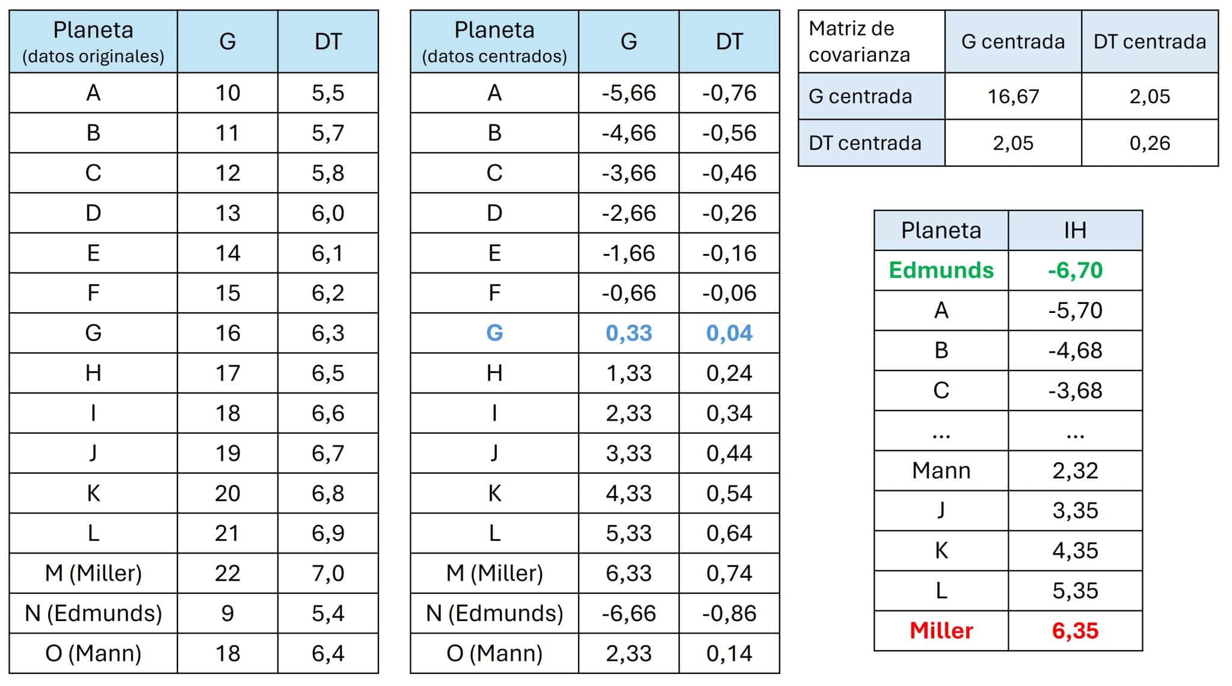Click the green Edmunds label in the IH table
(x=941, y=270)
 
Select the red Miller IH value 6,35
(x=1075, y=631)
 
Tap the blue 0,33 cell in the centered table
(x=629, y=333)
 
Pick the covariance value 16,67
(x=1013, y=96)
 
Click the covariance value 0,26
(x=1150, y=143)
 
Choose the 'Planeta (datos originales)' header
(x=93, y=42)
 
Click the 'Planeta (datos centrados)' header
(x=494, y=42)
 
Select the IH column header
(x=1075, y=230)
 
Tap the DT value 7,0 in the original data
(x=328, y=573)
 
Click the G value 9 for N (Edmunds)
(x=227, y=613)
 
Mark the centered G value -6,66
(x=629, y=613)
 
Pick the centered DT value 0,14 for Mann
(x=729, y=653)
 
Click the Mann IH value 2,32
(x=1075, y=471)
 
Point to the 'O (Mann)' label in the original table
(x=93, y=653)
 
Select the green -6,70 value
(x=1075, y=270)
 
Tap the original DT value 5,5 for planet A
(x=328, y=93)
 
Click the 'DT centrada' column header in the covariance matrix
(x=1150, y=42)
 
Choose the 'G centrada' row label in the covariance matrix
(x=860, y=96)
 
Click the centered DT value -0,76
(x=729, y=93)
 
